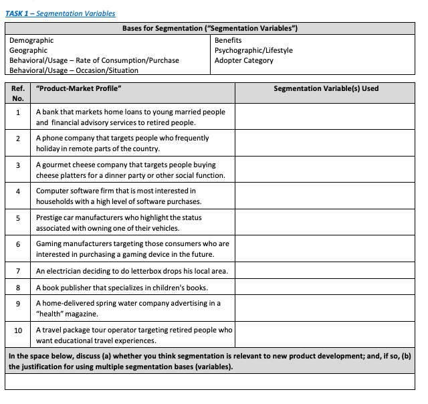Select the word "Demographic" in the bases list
31,41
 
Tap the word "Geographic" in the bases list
28,50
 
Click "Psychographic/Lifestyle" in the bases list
253,50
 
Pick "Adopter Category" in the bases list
243,60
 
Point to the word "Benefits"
228,41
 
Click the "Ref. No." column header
18,93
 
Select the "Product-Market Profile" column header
79,88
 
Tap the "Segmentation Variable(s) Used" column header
326,88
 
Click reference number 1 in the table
18,112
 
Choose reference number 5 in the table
18,218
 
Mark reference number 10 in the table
18,330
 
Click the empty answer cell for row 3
326,170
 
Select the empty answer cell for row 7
326,271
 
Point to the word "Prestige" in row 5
49,218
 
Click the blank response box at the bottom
213,382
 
